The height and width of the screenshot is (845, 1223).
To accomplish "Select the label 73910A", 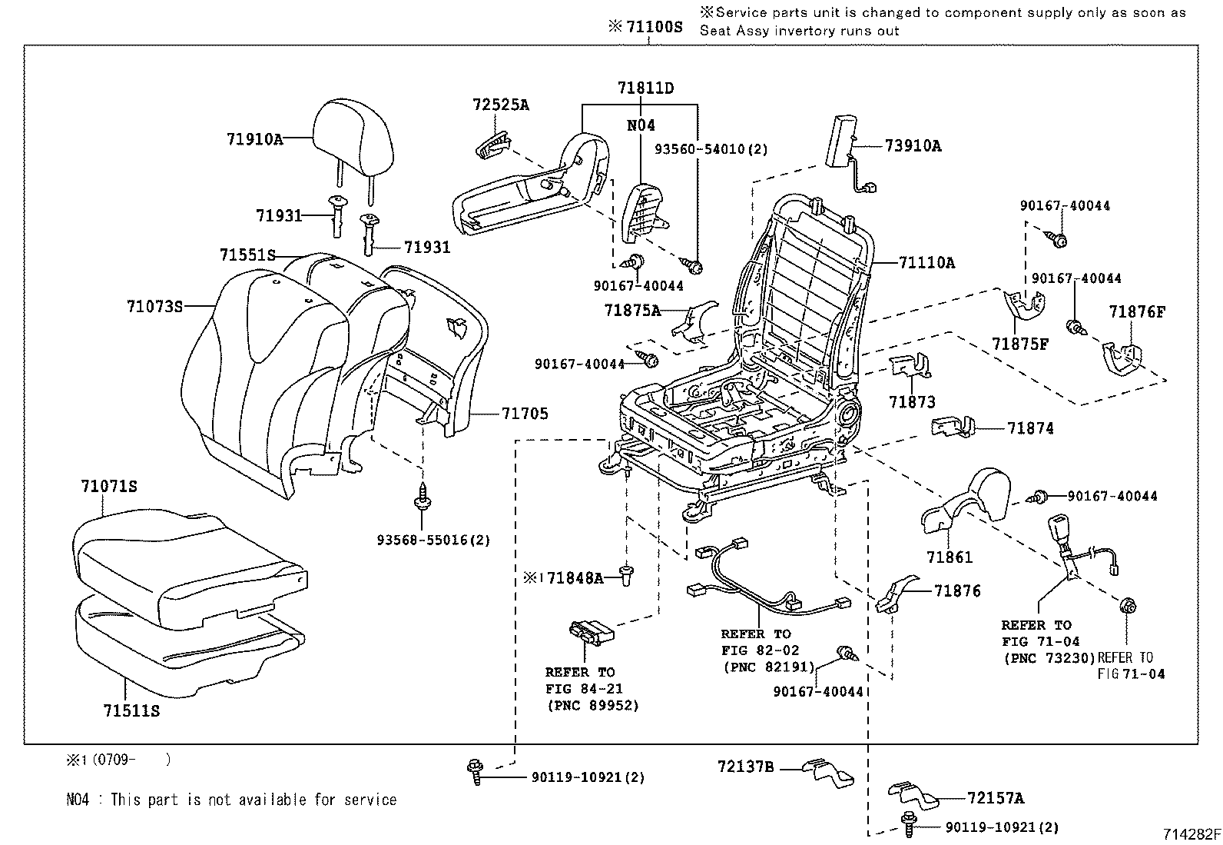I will coord(912,146).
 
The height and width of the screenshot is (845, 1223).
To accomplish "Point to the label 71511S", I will coord(131,711).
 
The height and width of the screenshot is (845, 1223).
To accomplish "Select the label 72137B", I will coord(746,767).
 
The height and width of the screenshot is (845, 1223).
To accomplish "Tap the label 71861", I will coord(949,557).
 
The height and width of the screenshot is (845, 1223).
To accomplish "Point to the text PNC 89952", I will coord(592,705).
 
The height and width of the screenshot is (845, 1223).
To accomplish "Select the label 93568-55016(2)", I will coord(433,540).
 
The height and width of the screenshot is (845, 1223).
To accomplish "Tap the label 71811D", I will coord(645,88).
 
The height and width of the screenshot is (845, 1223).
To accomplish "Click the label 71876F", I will coord(1137,311).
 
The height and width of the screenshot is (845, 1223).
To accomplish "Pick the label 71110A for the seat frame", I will coord(926,263).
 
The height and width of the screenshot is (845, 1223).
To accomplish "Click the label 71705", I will coord(525,414).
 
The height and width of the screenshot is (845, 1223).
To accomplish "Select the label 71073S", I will coord(154,307).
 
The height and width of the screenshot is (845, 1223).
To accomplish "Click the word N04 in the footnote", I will coord(77,800).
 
